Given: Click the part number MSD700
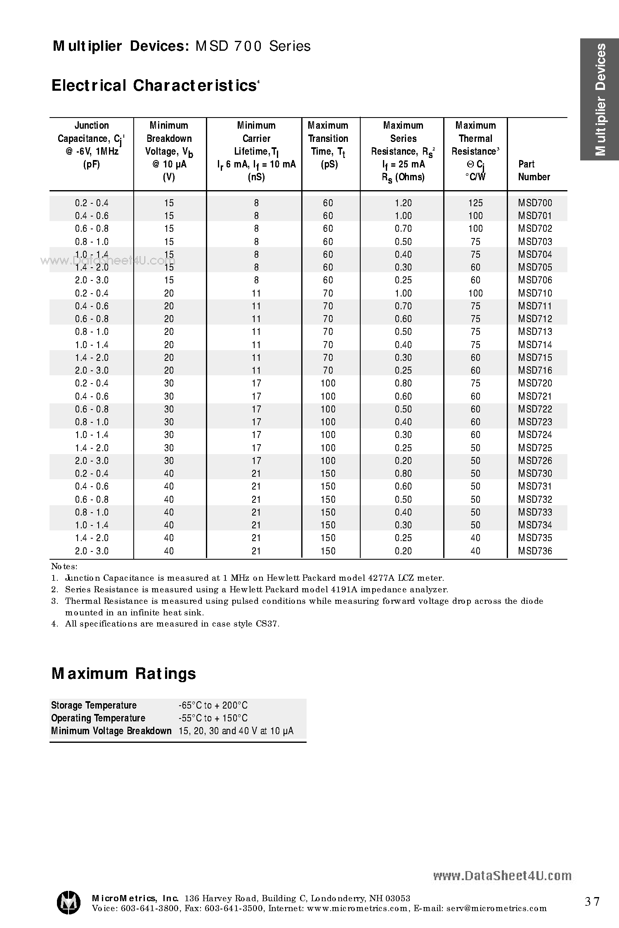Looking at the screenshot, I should point(535,203).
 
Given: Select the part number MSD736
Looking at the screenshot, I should point(535,551).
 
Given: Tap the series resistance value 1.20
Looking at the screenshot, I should point(403,203).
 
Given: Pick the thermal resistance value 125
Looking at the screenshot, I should point(475,203).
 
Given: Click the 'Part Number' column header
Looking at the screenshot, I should point(534,170).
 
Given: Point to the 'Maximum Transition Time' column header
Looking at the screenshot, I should point(328,145).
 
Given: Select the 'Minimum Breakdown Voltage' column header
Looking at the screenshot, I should point(169,151).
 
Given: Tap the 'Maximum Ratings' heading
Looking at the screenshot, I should point(123,674).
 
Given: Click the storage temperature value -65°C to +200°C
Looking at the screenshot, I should point(213,705).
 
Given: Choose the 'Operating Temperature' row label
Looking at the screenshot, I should point(98,718).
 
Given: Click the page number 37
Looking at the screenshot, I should point(592,902).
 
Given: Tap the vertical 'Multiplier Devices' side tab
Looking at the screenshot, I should point(600,99).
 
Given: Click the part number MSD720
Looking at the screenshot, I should point(535,383).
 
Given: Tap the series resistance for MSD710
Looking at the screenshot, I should point(403,293).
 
